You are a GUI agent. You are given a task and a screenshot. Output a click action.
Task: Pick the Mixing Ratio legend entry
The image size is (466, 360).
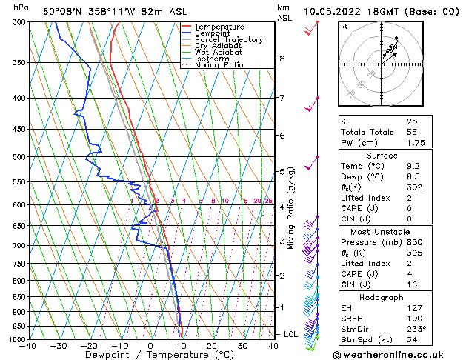pos(219,65)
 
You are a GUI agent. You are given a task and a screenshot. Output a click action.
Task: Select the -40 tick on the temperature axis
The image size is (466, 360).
pos(29,346)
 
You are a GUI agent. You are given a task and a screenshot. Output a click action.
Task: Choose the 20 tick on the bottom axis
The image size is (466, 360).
pos(212,346)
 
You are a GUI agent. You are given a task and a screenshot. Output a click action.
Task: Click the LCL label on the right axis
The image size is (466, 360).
pos(291,335)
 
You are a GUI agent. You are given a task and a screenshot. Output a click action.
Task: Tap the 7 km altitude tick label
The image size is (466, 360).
pos(282,98)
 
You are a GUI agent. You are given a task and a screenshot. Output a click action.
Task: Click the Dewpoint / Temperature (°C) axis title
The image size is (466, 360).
pos(150,355)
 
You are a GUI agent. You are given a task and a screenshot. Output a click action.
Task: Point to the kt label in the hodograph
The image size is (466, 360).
pos(344,27)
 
